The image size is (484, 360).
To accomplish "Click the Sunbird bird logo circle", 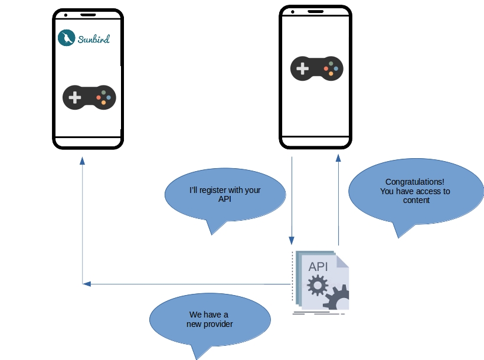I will [67, 38].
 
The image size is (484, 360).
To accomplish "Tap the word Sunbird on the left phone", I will [93, 40].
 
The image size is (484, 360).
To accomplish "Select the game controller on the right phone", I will [317, 68].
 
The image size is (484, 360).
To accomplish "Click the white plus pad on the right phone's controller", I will [302, 69].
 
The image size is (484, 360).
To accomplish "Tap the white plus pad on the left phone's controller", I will [75, 97].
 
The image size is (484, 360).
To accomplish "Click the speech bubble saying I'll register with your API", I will [224, 195].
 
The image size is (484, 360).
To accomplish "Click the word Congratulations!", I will [415, 182].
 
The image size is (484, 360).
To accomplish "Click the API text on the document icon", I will [318, 266].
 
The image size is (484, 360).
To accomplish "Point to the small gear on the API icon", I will [318, 286].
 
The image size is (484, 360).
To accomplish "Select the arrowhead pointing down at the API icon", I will [291, 241].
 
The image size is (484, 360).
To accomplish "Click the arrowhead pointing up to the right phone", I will [338, 158].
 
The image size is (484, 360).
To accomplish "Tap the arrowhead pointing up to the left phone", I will [82, 160].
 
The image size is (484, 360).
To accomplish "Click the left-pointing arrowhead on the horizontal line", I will [87, 284].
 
